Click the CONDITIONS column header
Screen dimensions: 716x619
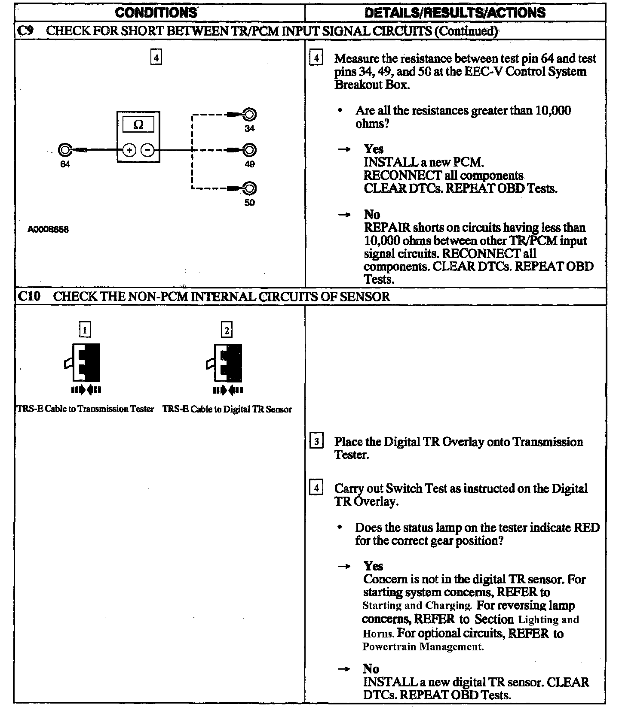coord(156,12)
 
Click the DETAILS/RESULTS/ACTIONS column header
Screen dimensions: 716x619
coord(455,12)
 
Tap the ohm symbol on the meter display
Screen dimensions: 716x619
coord(138,124)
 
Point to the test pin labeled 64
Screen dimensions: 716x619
coord(64,150)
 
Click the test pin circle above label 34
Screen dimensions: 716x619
coord(250,115)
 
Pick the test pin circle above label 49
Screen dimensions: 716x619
coord(250,150)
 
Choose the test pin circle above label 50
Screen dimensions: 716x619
coord(250,188)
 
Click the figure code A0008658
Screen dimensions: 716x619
coord(48,229)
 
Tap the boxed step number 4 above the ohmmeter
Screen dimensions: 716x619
coord(156,57)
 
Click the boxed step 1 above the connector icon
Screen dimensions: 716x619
coord(86,330)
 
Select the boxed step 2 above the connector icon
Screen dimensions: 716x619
coord(227,330)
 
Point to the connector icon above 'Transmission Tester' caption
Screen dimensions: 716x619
coord(84,363)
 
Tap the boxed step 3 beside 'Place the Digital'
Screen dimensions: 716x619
coord(316,441)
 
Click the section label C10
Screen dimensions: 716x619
coord(29,296)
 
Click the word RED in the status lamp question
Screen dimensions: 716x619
coord(587,528)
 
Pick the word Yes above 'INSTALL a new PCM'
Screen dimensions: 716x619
coord(374,149)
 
